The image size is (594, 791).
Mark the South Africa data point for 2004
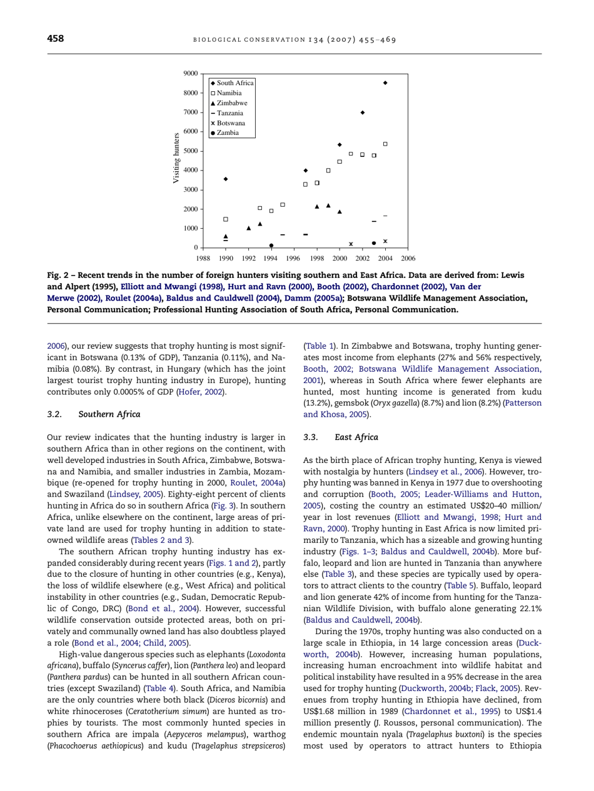(x=385, y=82)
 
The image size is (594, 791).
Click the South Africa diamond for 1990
(x=226, y=179)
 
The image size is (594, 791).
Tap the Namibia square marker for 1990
(x=226, y=219)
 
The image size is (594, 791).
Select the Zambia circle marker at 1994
(x=271, y=246)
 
